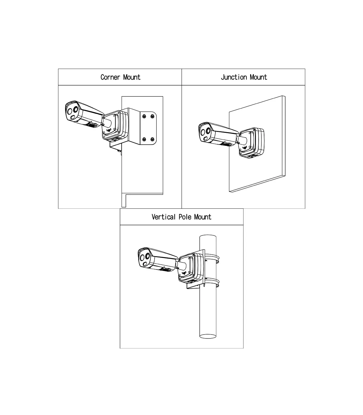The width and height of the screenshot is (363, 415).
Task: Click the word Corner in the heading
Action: click(110, 77)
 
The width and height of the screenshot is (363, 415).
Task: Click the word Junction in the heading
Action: click(234, 77)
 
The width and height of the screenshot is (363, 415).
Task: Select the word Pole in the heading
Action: click(185, 217)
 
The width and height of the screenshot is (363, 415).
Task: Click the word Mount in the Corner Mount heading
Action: click(132, 77)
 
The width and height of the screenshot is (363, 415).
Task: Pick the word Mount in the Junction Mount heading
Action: click(258, 77)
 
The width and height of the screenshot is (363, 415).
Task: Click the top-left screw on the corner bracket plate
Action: click(144, 116)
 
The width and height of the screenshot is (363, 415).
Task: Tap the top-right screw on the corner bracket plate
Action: click(152, 116)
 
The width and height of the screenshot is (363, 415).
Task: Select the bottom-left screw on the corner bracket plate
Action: click(144, 139)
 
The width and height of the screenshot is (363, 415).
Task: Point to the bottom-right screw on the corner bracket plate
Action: click(152, 139)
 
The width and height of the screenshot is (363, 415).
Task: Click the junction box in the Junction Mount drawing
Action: click(252, 143)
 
